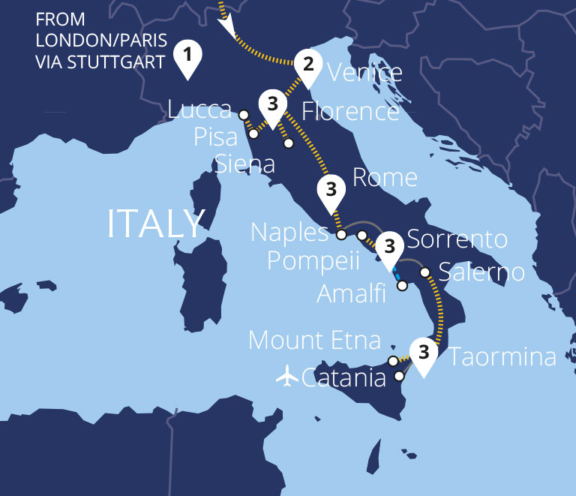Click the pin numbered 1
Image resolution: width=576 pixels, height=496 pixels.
coord(187,57)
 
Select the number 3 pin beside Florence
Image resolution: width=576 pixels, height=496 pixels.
coord(272,104)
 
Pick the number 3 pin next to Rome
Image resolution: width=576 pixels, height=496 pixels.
coord(330,190)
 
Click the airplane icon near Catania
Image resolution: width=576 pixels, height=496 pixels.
coord(286,376)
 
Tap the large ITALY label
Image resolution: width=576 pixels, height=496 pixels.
coord(156,224)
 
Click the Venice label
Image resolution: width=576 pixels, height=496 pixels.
coord(365,73)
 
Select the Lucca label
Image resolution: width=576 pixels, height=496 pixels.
coord(199,110)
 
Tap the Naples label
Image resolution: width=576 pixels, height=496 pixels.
coord(289,233)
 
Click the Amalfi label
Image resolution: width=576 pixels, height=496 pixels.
coord(351,293)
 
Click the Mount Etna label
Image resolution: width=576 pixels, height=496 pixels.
coord(315,341)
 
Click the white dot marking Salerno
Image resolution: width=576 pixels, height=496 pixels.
coord(424,272)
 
